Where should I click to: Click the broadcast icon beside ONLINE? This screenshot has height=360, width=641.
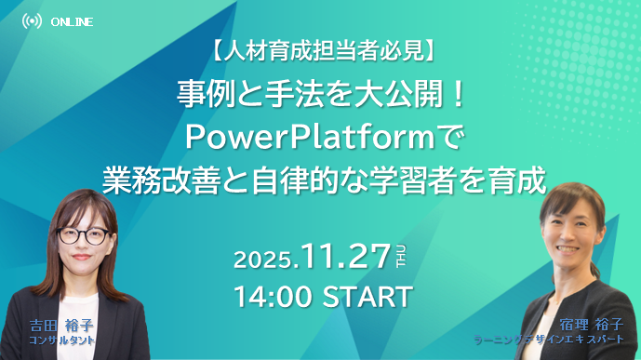(x=32, y=21)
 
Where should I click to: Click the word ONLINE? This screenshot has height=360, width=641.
(x=73, y=21)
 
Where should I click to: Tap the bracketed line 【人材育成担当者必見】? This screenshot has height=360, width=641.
(x=320, y=54)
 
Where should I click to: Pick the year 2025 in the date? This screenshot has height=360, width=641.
(x=264, y=258)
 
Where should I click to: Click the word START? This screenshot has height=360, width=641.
(x=367, y=298)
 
